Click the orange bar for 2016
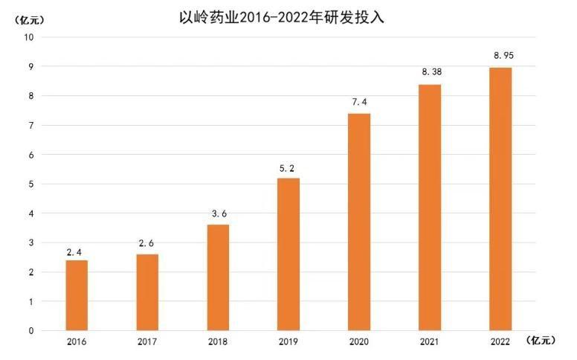[77, 295]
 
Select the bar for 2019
[288, 254]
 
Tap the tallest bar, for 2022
[500, 199]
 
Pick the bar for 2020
[359, 222]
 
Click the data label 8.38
[430, 72]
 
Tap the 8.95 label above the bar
[500, 55]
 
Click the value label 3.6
[218, 213]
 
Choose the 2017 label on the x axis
[147, 341]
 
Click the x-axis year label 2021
[430, 341]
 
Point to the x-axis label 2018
[218, 341]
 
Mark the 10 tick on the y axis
[29, 37]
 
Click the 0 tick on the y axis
[31, 331]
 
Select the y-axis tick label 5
[31, 184]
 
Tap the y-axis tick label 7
[31, 125]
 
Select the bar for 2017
[147, 292]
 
